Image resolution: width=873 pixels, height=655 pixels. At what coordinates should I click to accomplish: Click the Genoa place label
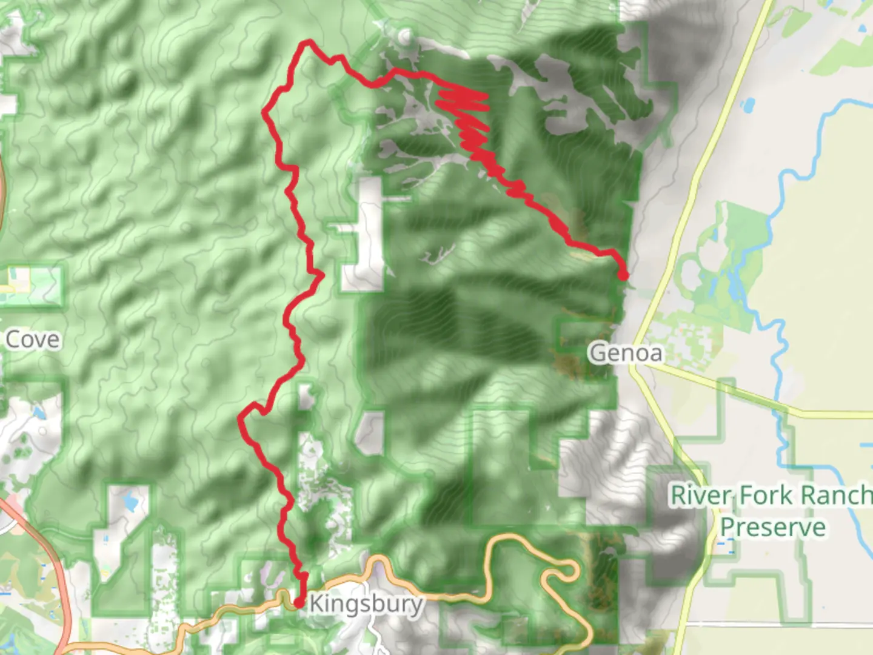click(626, 352)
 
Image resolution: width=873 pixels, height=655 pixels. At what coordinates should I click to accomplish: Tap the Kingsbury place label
click(366, 604)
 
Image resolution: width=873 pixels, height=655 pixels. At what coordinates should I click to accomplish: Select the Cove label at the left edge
click(33, 340)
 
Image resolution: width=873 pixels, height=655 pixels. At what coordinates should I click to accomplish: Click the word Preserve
click(772, 526)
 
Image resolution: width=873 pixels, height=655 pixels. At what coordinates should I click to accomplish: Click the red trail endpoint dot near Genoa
click(623, 276)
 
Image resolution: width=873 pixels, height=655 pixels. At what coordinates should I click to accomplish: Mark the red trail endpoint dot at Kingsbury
click(298, 603)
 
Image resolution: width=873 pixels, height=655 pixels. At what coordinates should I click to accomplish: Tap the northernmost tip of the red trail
click(309, 42)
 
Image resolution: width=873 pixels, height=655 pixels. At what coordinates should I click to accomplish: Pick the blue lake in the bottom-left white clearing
click(130, 502)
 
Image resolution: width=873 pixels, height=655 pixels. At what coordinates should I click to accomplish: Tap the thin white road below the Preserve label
click(776, 624)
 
